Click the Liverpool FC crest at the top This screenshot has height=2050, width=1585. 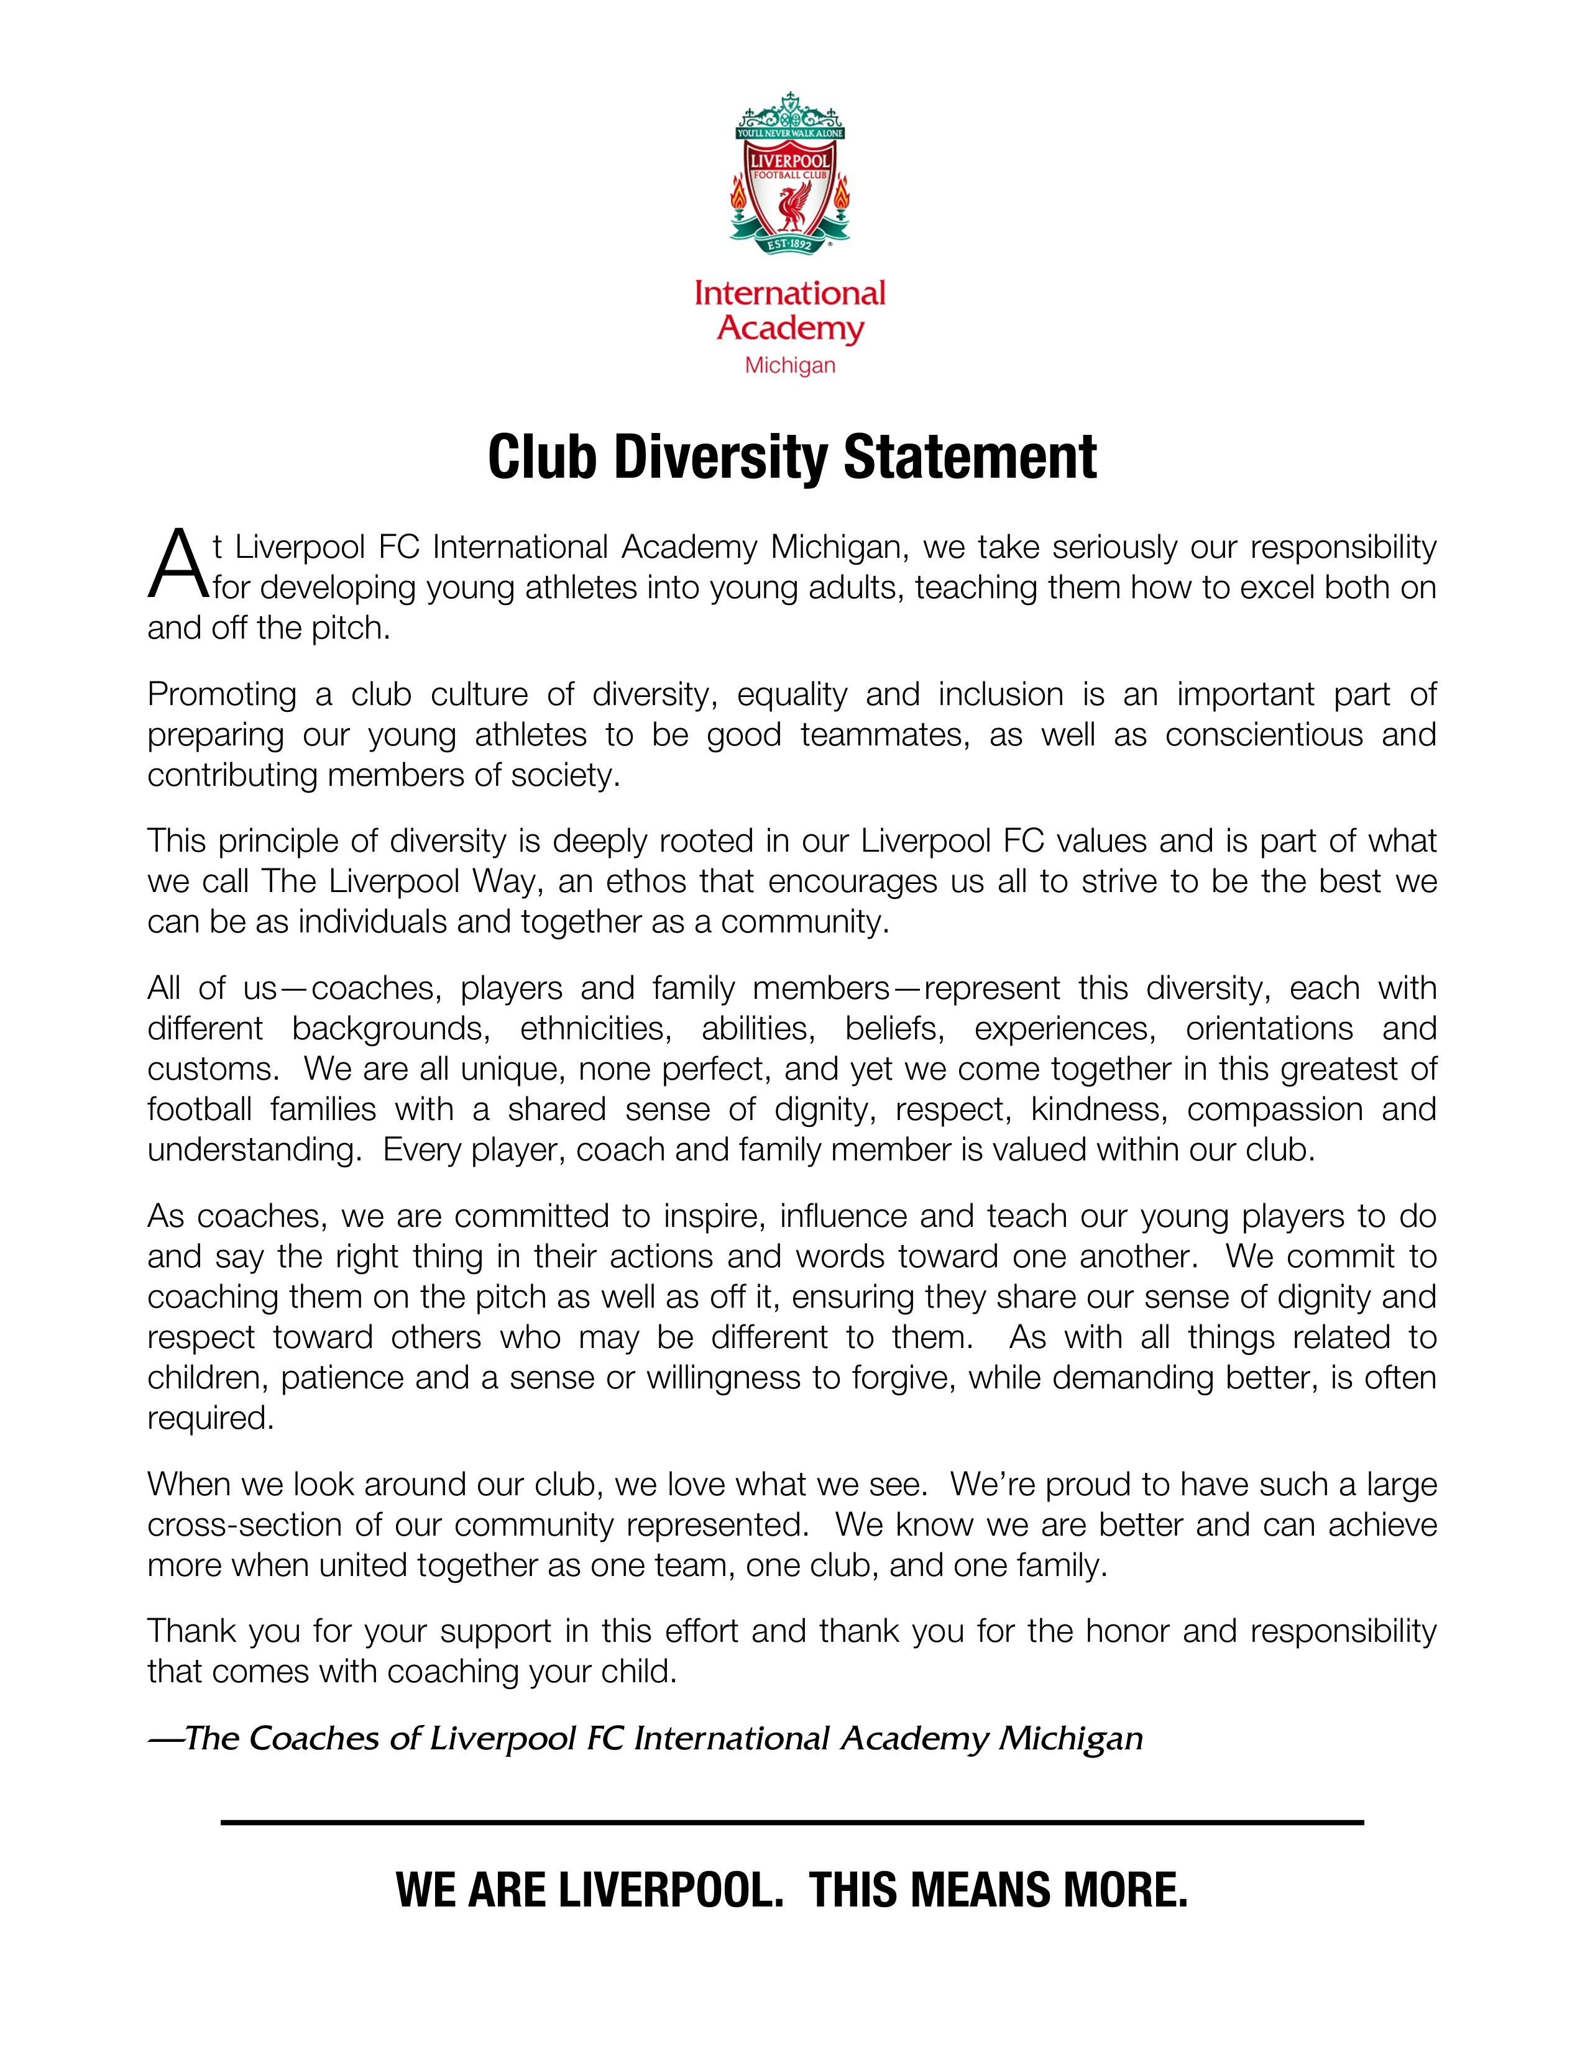click(x=789, y=174)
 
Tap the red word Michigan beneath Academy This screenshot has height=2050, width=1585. click(x=789, y=365)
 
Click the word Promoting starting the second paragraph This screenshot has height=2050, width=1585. click(x=222, y=695)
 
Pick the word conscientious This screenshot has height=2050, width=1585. click(x=1264, y=735)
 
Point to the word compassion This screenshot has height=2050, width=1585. click(x=1274, y=1109)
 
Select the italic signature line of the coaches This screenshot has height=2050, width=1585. click(x=646, y=1739)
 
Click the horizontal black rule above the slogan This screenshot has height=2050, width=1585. click(x=791, y=1823)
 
